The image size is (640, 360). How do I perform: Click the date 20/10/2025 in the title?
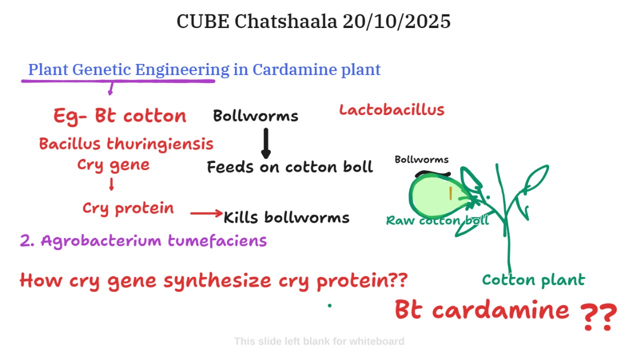[x=396, y=21]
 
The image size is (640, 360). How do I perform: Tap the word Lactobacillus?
[x=391, y=110]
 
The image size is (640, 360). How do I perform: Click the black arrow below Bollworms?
[x=266, y=143]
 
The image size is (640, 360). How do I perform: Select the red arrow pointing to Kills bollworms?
[x=206, y=213]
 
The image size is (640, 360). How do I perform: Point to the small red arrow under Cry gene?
[x=111, y=184]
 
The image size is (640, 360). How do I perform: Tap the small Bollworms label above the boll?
[x=421, y=159]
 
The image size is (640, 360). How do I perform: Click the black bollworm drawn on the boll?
[x=432, y=173]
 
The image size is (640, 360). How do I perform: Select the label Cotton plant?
[x=533, y=280]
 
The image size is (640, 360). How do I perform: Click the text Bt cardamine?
[x=482, y=309]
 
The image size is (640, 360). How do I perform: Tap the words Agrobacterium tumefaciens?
[x=154, y=241]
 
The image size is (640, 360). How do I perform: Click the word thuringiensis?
[x=160, y=144]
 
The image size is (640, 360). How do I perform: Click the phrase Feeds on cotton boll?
[x=290, y=167]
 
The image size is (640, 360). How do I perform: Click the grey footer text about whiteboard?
[x=319, y=341]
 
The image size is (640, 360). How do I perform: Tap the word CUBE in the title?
[x=203, y=21]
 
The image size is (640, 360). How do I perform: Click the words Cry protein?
[x=128, y=208]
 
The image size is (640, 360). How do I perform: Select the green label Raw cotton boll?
[x=437, y=220]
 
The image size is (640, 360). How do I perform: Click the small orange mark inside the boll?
[x=450, y=193]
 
